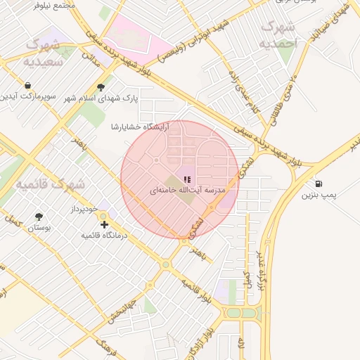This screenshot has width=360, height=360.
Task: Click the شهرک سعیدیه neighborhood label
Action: [x=49, y=53]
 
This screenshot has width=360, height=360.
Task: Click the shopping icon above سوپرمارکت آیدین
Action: [x=27, y=86]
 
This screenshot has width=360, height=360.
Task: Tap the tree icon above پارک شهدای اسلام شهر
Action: [x=101, y=87]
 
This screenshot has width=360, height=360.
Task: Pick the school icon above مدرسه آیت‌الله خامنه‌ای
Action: [x=186, y=180]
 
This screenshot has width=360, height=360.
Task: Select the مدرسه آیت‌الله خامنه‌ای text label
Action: [x=187, y=191]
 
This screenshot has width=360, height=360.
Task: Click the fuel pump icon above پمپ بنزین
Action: [x=320, y=183]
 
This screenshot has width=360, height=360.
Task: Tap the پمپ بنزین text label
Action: [x=320, y=194]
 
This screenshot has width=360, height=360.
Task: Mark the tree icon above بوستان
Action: [x=38, y=217]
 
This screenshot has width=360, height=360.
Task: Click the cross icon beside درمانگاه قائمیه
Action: [x=104, y=224]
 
